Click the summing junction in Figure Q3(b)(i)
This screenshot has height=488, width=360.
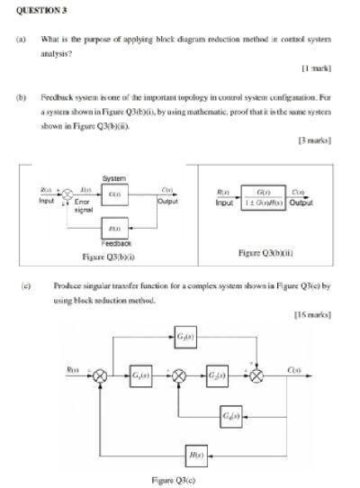tap(66, 194)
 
